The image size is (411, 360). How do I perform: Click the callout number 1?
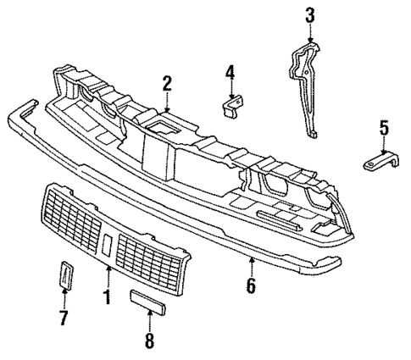coord(108,297)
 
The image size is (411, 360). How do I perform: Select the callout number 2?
coord(167,82)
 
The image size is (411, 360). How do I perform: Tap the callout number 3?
coord(309,14)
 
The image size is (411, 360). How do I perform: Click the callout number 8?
coord(150,342)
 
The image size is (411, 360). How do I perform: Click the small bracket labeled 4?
coord(230,105)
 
